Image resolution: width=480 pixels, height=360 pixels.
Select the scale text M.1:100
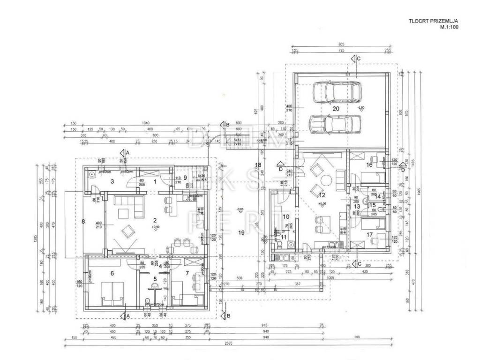point(448,28)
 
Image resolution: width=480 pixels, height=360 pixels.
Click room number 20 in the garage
point(336,108)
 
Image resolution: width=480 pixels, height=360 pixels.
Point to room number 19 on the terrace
point(241,232)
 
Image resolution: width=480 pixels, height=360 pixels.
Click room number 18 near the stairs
point(258,165)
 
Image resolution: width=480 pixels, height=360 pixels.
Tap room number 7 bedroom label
point(187,273)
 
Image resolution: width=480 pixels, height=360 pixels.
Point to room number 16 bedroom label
point(369,165)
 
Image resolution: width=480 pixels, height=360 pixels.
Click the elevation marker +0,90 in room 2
point(155,227)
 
